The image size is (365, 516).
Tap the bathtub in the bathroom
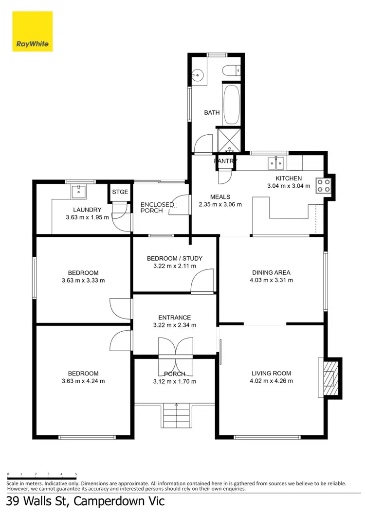(x=231, y=105)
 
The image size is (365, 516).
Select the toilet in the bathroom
(x=231, y=71)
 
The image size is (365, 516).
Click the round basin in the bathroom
(x=197, y=74)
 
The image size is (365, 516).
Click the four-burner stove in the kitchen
(x=324, y=185)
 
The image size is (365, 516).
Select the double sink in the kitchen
(x=275, y=162)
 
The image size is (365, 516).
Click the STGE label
(x=120, y=192)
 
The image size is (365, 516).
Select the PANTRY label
(x=225, y=161)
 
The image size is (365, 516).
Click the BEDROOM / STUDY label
(x=174, y=258)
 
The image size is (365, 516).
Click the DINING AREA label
(x=272, y=272)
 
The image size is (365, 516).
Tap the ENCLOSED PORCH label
(x=157, y=208)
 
